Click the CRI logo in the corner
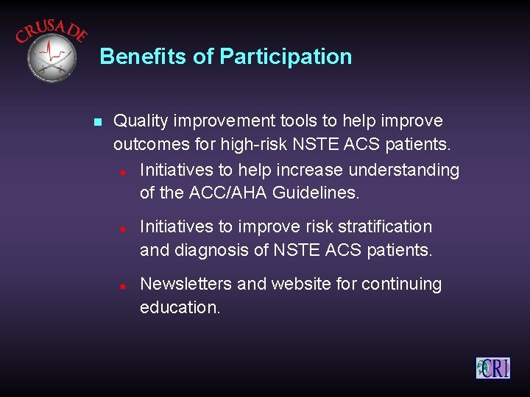tap(492, 367)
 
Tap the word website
tap(303, 284)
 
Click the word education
tap(180, 307)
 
